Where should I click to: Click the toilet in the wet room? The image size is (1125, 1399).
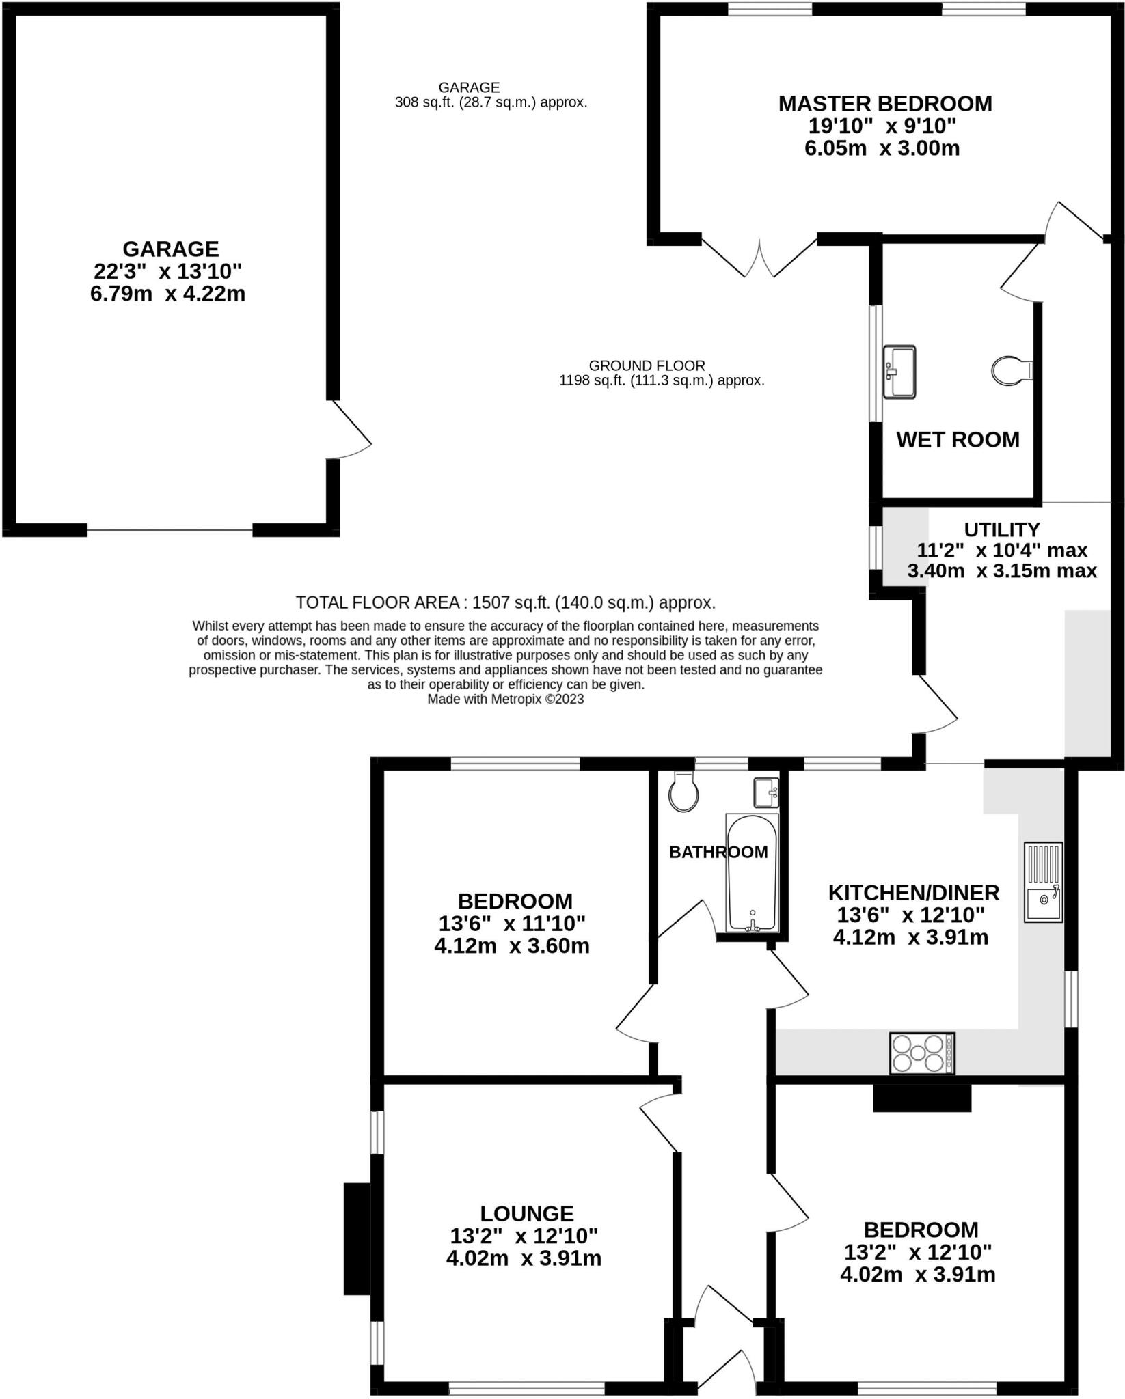coord(1012,371)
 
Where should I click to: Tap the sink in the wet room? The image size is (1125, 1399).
coord(899,372)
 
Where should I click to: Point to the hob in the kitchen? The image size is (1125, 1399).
coord(921,1053)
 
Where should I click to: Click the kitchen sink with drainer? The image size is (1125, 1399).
coord(1043,882)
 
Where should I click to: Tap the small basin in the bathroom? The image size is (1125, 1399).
coord(766,792)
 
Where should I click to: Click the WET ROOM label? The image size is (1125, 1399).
coord(958,439)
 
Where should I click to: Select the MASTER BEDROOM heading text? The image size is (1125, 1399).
coord(885,104)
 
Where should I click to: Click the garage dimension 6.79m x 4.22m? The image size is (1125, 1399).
coord(167,294)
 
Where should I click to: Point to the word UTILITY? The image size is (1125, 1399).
coord(1001,529)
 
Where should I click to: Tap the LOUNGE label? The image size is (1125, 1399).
coord(526,1213)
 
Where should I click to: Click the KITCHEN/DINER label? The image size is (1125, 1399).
coord(913,892)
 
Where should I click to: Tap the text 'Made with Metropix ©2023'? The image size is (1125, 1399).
coord(505,699)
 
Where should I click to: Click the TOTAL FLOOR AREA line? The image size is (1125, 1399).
coord(505,602)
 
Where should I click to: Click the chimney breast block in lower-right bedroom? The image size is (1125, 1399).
coord(922,1098)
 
